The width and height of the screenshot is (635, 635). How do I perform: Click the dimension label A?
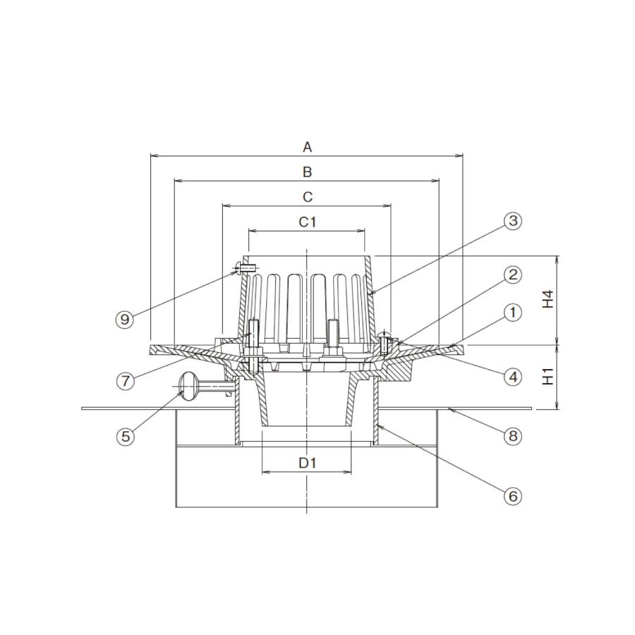pos(308,147)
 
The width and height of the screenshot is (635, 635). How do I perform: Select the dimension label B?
pos(308,172)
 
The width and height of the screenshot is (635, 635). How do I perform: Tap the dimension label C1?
pos(308,222)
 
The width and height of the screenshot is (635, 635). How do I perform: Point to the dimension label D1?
pos(308,462)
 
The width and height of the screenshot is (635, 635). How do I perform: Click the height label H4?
pos(548,299)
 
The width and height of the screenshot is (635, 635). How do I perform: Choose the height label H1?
pos(548,376)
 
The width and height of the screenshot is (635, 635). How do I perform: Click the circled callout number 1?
pos(513,313)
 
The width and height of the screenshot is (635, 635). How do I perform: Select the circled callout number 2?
pos(513,275)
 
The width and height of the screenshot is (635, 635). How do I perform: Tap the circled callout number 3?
pos(513,221)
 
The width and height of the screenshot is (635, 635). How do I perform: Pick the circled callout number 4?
pos(513,377)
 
